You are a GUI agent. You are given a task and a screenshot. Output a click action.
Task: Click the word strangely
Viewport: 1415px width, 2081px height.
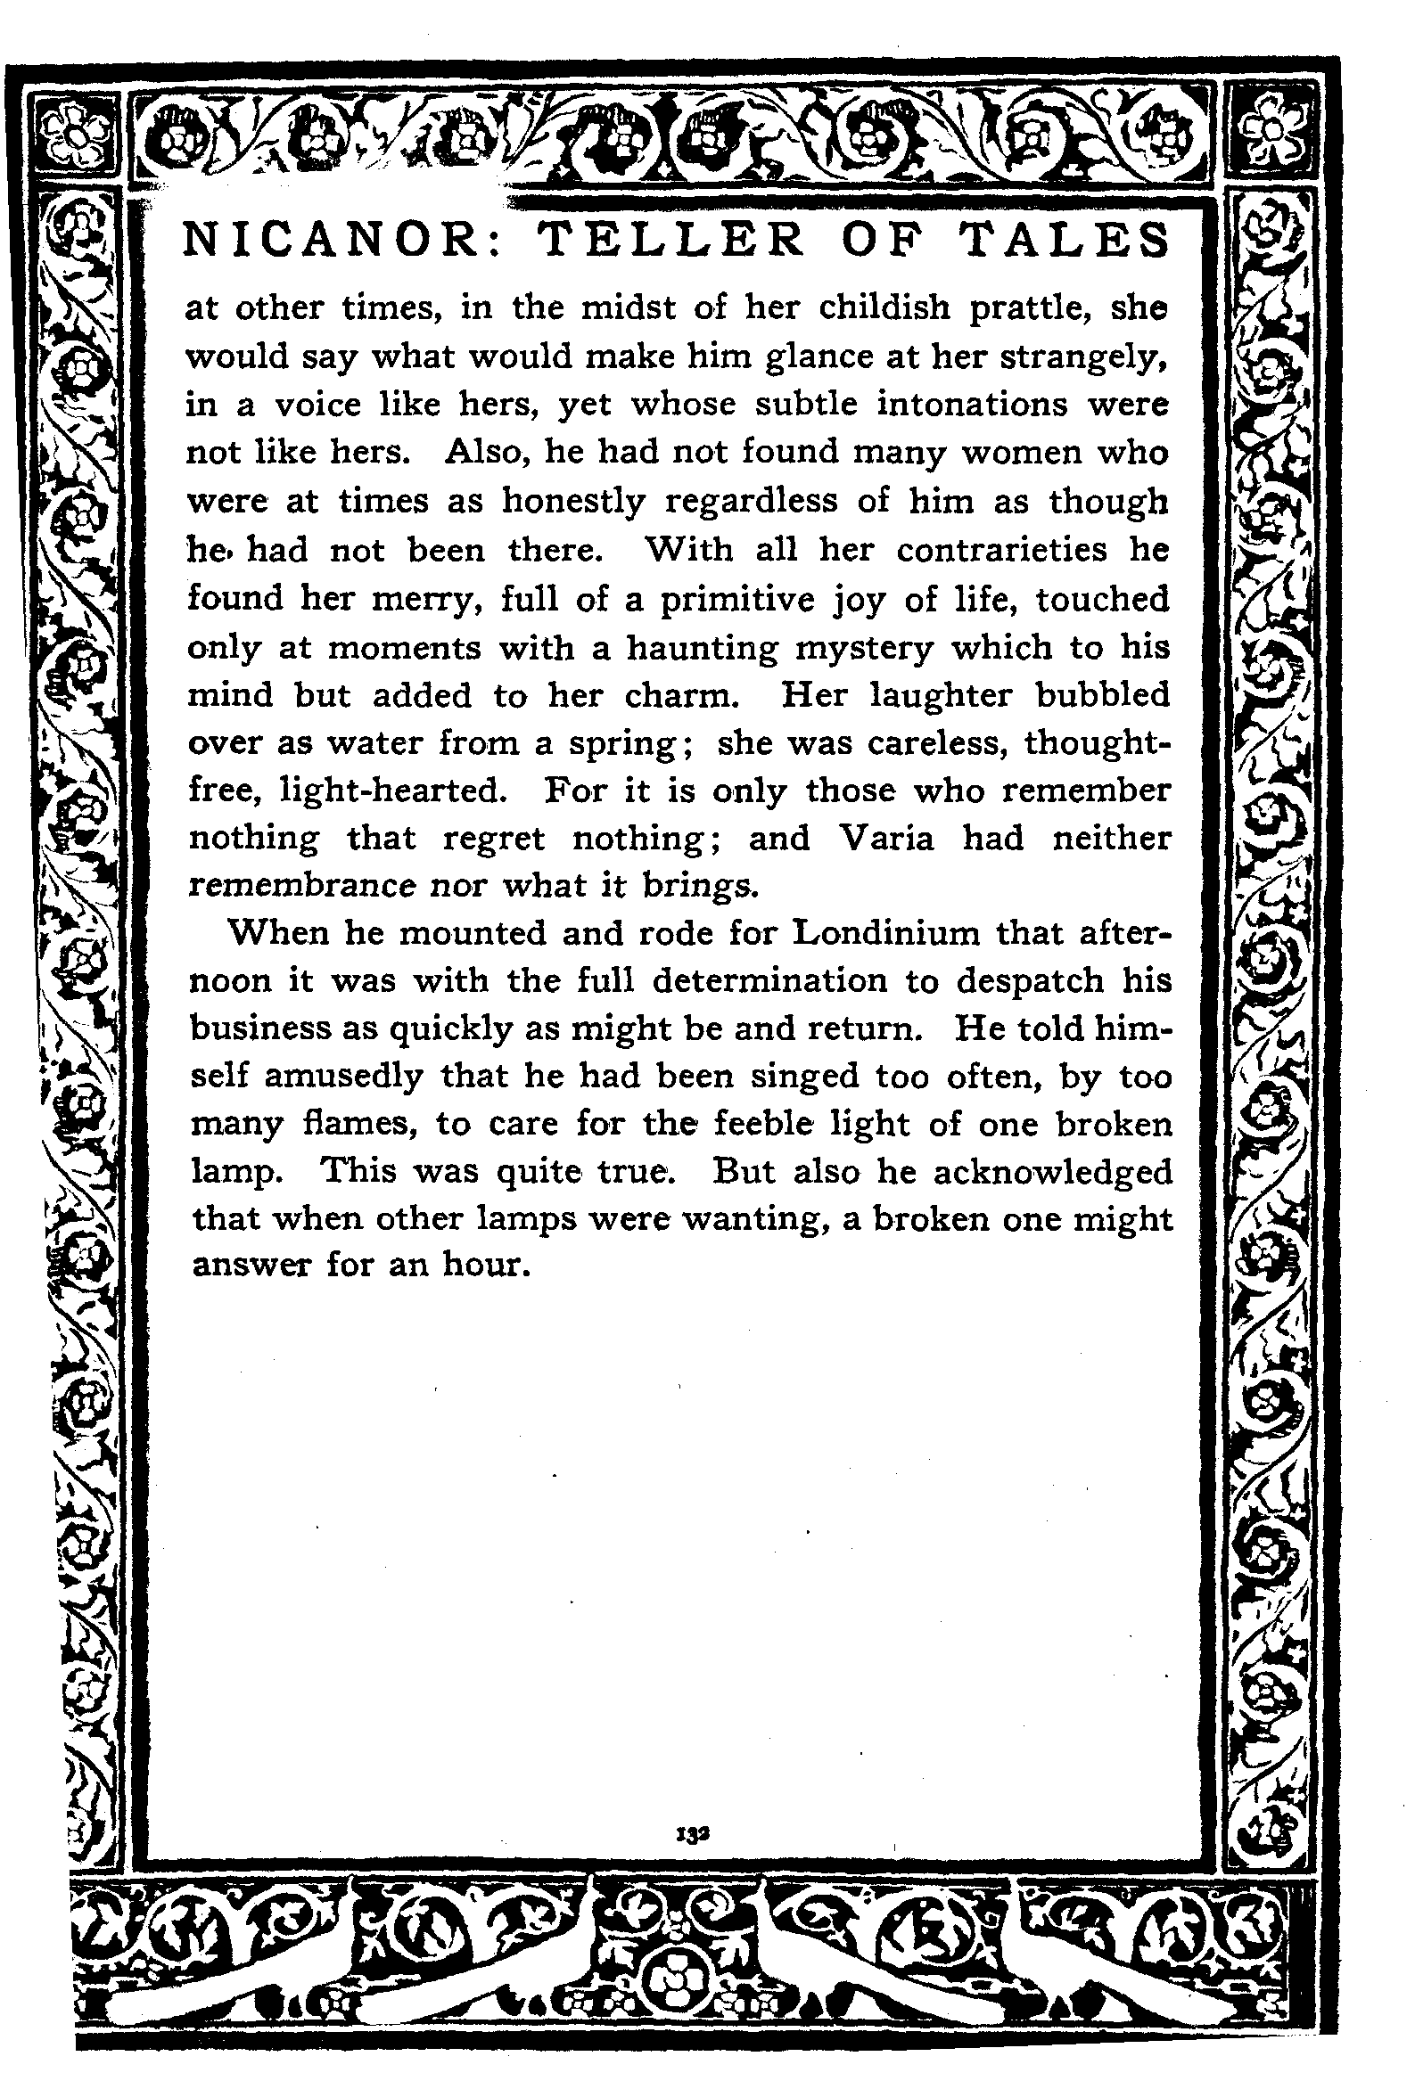(x=1083, y=356)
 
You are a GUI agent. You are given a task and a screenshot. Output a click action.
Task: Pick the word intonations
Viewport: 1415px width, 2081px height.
(x=973, y=404)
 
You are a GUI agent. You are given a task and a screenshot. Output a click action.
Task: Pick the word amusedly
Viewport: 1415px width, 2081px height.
(x=343, y=1077)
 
